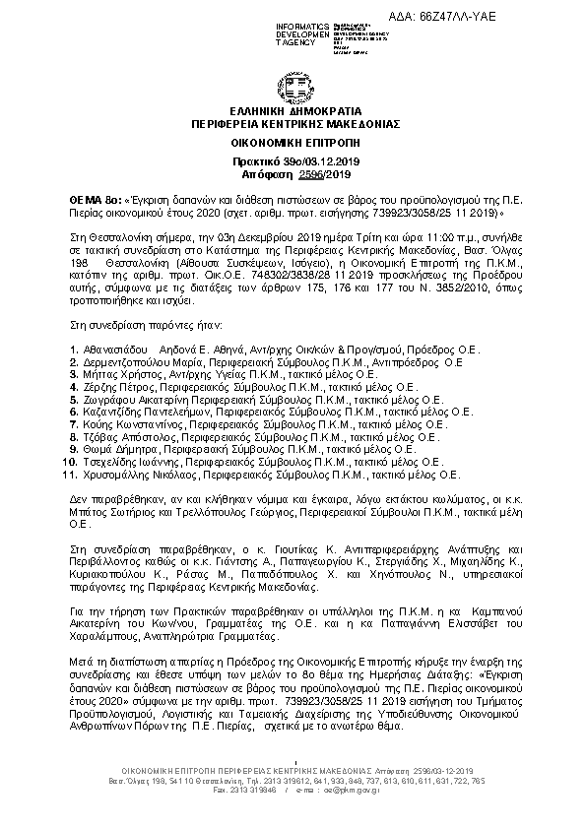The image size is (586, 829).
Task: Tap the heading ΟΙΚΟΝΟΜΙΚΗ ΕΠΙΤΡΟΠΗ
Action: tap(293, 143)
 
